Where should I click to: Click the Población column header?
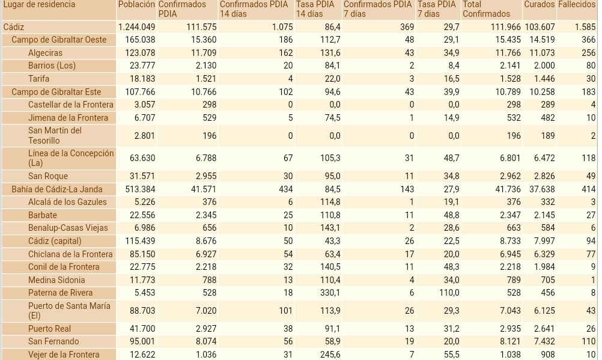pyautogui.click(x=136, y=5)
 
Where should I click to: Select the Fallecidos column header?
pyautogui.click(x=576, y=5)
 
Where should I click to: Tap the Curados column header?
pyautogui.click(x=539, y=5)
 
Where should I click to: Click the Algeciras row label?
pyautogui.click(x=45, y=53)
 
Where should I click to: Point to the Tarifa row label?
pyautogui.click(x=38, y=79)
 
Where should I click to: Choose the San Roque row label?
pyautogui.click(x=48, y=176)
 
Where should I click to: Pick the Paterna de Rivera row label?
pyautogui.click(x=60, y=293)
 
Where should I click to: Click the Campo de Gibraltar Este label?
pyautogui.click(x=56, y=92)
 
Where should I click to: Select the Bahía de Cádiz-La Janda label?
pyautogui.click(x=57, y=189)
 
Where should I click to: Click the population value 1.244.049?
pyautogui.click(x=136, y=27)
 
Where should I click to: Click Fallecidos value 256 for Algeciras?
pyautogui.click(x=588, y=53)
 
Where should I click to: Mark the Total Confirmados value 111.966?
pyautogui.click(x=502, y=27)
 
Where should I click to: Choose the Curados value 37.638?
pyautogui.click(x=539, y=189)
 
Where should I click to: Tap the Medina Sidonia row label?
pyautogui.click(x=56, y=280)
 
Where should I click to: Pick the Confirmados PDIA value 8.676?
pyautogui.click(x=202, y=241)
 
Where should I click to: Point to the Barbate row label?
pyautogui.click(x=43, y=215)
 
